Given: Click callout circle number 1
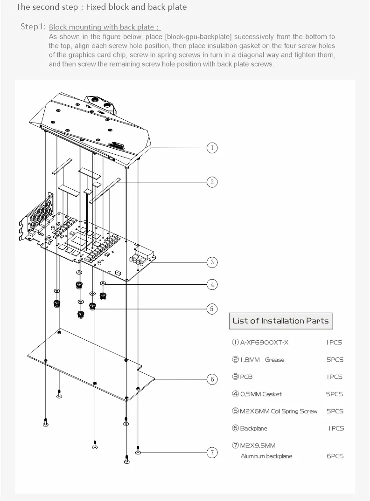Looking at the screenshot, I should pos(212,148).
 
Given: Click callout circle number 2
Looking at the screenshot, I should pos(212,182).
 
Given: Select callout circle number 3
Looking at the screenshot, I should pos(212,262).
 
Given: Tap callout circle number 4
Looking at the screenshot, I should pos(212,284).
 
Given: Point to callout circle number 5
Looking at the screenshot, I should pos(212,308).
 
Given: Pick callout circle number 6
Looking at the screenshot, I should pos(212,379).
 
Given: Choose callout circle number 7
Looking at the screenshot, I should pos(212,452).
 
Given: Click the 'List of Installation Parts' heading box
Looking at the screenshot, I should pos(280,321).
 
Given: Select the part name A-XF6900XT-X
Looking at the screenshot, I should pos(264,343).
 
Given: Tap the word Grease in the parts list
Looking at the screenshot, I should pos(274,360).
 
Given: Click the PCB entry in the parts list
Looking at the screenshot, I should pos(246,377).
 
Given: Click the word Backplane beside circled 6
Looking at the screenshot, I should pos(253,428).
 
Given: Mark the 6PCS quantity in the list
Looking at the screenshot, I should pos(335,456).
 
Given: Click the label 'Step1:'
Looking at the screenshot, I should pos(33,27).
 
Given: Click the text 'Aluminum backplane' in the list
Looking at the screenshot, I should pos(266,456).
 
